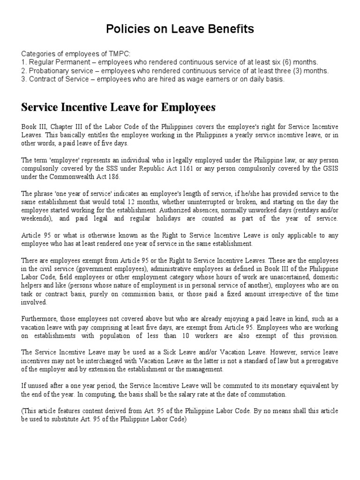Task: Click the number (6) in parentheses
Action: [286, 62]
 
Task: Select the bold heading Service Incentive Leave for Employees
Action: [118, 107]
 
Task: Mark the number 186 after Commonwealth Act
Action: [113, 176]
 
